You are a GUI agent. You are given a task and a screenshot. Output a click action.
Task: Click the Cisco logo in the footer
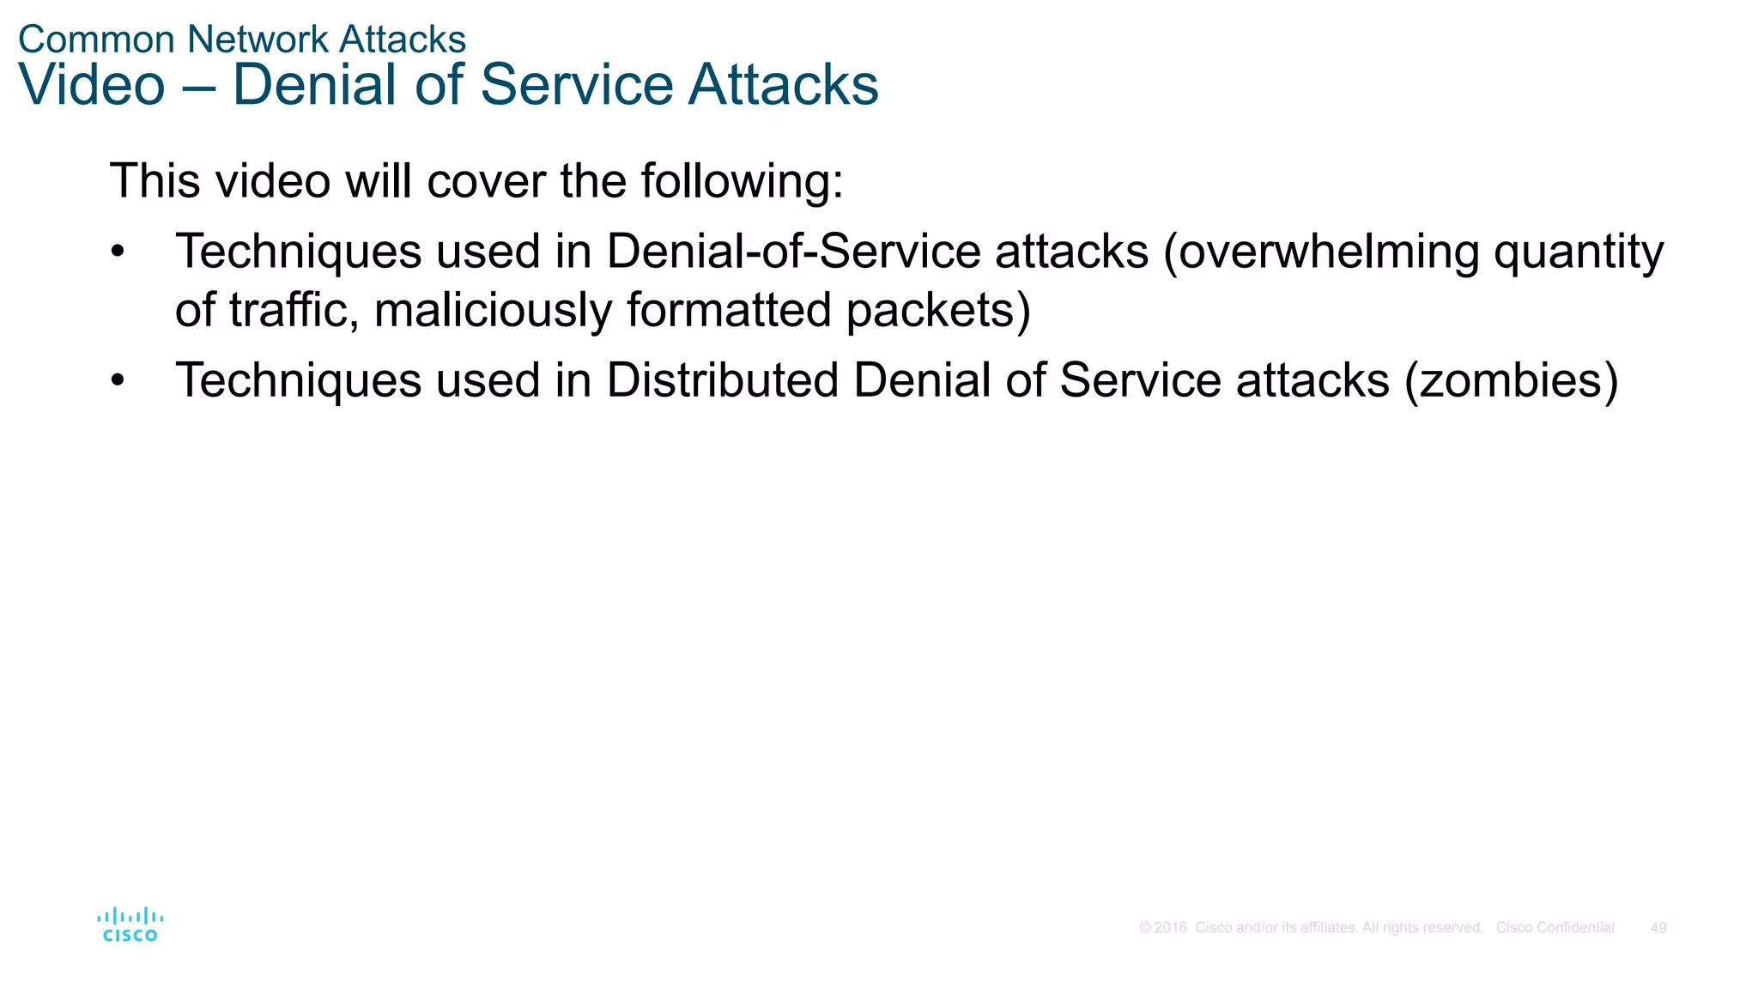click(x=130, y=925)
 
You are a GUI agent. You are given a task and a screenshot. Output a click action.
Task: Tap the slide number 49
click(x=1658, y=928)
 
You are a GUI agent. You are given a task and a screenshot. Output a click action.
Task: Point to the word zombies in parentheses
click(x=1511, y=380)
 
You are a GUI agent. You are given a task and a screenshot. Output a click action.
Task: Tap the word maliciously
click(x=493, y=310)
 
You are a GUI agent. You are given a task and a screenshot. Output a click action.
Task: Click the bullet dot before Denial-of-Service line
click(x=118, y=252)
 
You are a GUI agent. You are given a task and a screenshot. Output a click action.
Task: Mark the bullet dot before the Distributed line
click(x=118, y=380)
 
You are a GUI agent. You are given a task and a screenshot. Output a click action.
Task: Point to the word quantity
click(x=1578, y=253)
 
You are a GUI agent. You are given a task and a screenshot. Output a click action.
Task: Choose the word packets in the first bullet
click(x=931, y=310)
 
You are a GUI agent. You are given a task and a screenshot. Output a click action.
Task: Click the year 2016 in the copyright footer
click(x=1170, y=928)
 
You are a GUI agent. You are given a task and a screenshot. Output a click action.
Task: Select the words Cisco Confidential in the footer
click(x=1555, y=928)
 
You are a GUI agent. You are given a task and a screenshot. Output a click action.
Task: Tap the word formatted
click(x=729, y=310)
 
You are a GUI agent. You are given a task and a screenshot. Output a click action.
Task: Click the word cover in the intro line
click(x=486, y=181)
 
